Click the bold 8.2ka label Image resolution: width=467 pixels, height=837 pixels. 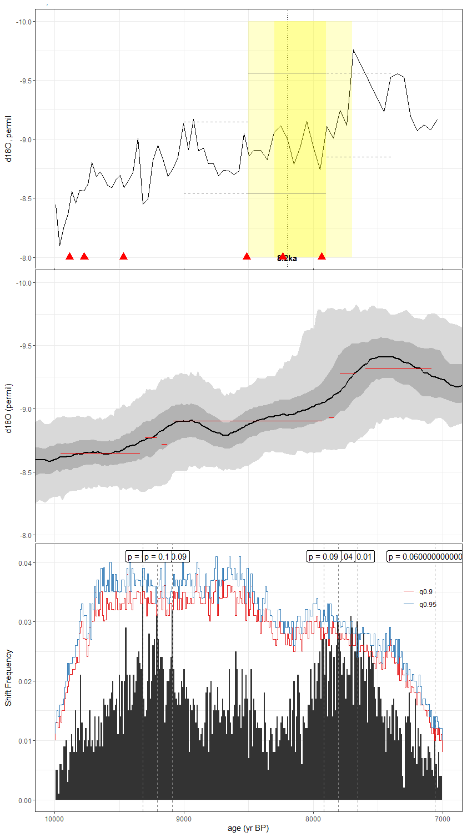click(x=287, y=258)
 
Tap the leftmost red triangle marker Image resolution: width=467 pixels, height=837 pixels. click(x=69, y=256)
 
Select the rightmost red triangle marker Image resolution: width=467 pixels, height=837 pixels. click(x=322, y=256)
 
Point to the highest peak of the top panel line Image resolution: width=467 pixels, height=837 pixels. click(x=353, y=50)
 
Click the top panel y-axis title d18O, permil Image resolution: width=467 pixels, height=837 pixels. click(x=8, y=139)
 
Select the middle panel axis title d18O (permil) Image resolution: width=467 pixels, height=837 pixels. click(x=8, y=408)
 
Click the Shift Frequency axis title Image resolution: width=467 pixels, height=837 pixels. click(x=8, y=677)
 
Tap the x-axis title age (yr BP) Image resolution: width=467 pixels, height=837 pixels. click(x=248, y=828)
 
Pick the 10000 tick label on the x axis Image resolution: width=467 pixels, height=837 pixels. click(x=54, y=818)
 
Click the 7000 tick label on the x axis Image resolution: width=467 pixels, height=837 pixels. click(x=442, y=818)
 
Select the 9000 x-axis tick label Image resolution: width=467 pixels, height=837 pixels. click(x=184, y=818)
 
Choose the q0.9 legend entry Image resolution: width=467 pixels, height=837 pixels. click(x=426, y=592)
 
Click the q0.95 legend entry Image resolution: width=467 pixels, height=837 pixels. click(x=428, y=604)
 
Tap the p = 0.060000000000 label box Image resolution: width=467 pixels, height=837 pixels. click(x=425, y=556)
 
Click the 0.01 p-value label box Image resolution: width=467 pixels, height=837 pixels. click(x=364, y=556)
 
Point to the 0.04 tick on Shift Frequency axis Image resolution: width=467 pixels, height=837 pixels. click(x=25, y=562)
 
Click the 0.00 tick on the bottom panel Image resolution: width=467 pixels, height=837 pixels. click(x=25, y=800)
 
